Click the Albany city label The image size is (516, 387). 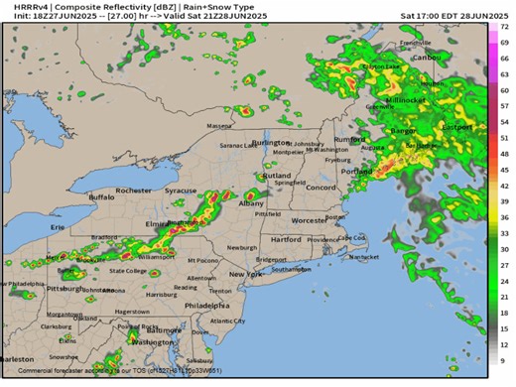tap(252, 202)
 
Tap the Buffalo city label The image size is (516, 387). tap(102, 197)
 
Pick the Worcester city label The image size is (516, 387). tap(309, 219)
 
